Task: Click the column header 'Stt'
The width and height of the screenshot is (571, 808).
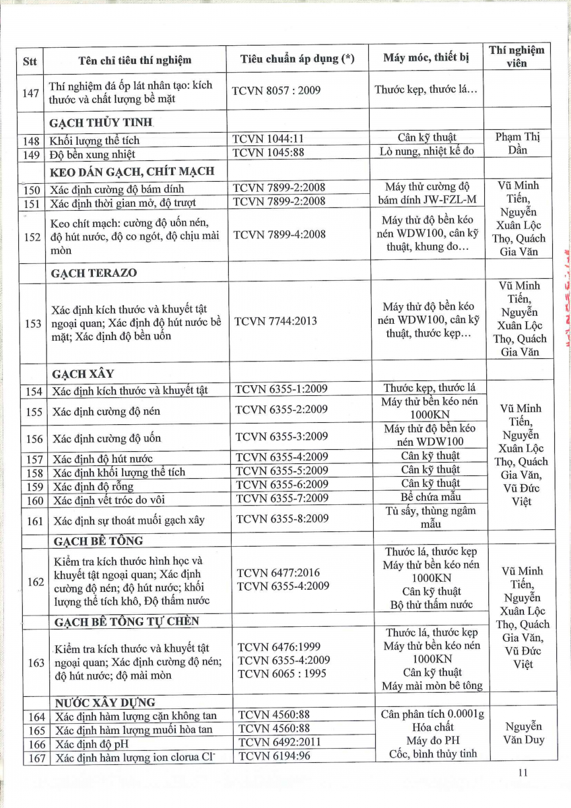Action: pyautogui.click(x=30, y=61)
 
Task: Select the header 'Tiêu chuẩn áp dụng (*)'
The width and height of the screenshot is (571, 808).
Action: pyautogui.click(x=297, y=59)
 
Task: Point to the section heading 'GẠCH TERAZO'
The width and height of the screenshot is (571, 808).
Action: pyautogui.click(x=94, y=273)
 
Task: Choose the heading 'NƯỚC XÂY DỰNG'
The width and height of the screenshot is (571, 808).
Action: pyautogui.click(x=106, y=702)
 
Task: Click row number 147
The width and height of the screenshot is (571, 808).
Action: pyautogui.click(x=31, y=92)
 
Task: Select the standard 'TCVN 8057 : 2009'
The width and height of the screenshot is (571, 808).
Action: pyautogui.click(x=276, y=89)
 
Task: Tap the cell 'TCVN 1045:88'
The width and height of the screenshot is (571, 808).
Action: pyautogui.click(x=268, y=152)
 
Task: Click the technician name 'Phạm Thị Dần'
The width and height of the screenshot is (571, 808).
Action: pyautogui.click(x=517, y=143)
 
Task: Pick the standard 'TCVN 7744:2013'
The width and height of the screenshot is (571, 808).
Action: pyautogui.click(x=275, y=321)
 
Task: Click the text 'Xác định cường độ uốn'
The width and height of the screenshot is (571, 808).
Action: pyautogui.click(x=107, y=438)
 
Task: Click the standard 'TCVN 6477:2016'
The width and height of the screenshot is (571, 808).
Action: pyautogui.click(x=279, y=573)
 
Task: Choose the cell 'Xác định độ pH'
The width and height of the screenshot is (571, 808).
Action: pyautogui.click(x=92, y=744)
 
